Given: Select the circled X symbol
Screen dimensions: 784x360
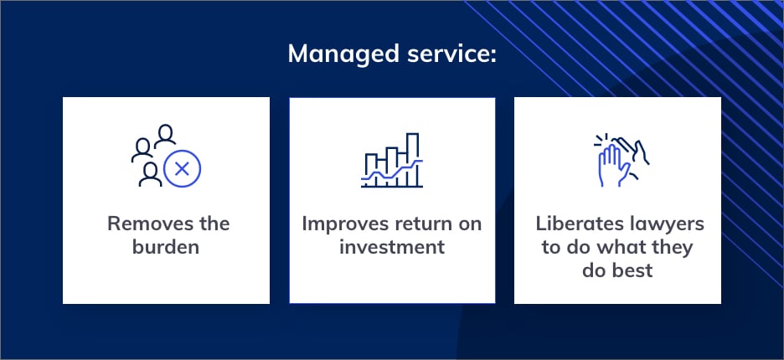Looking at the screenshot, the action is (x=182, y=169).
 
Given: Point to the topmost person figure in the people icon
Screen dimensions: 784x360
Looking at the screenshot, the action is (x=165, y=136).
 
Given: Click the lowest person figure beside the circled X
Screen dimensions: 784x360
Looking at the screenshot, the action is (x=150, y=174).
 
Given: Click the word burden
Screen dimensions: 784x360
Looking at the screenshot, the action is (x=166, y=246).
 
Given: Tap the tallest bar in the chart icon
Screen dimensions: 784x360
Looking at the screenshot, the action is (x=412, y=160).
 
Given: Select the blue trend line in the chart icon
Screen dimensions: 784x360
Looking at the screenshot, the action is (x=392, y=171).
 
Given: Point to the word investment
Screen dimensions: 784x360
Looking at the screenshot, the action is (x=392, y=246).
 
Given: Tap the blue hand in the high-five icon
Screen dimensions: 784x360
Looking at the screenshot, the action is (x=613, y=166).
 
